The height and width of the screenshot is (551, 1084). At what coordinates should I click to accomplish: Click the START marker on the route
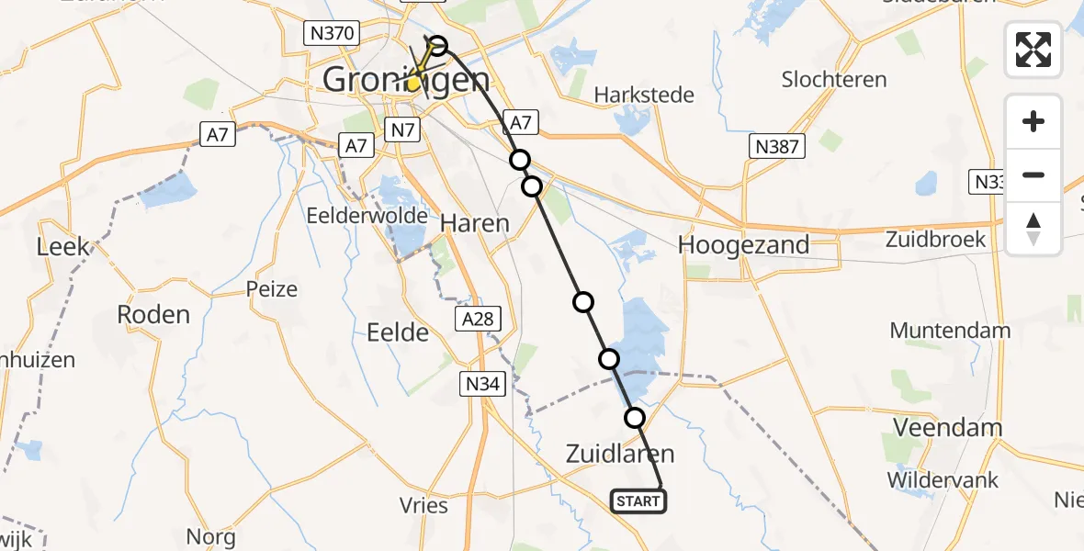pos(638,501)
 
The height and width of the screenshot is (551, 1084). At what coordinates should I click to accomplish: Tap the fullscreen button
pos(1033,50)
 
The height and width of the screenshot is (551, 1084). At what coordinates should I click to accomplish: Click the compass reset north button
pos(1033,229)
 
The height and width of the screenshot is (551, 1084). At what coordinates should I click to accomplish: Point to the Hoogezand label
pos(743,244)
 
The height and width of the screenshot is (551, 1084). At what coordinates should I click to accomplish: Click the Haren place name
pos(475,222)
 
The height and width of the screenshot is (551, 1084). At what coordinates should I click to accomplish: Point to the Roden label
pos(153,314)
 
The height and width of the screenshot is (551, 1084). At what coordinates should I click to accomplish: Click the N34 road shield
pos(482,385)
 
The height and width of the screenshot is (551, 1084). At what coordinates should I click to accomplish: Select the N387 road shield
pos(776,145)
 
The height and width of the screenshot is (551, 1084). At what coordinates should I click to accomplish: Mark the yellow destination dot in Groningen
pos(414,83)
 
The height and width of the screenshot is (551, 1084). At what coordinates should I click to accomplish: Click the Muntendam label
pos(950,331)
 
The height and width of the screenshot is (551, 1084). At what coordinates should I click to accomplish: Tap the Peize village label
pos(272,289)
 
